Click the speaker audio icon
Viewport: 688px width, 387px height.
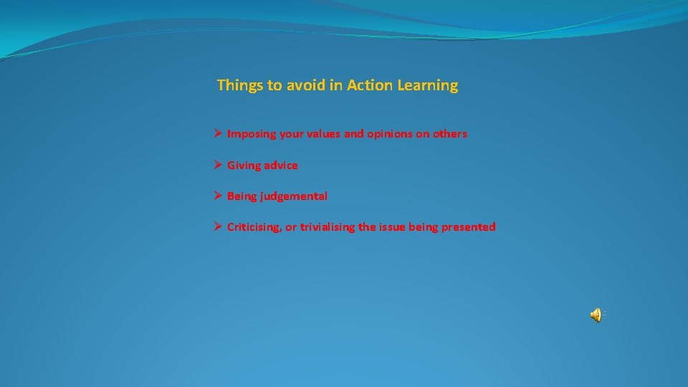pos(596,315)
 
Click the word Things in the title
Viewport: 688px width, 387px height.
pos(240,85)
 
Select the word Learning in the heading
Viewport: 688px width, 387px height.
pos(427,86)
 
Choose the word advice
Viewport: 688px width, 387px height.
pos(281,166)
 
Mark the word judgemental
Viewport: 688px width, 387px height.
pos(295,196)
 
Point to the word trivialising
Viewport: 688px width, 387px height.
pos(328,227)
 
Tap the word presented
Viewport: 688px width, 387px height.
pos(468,227)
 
